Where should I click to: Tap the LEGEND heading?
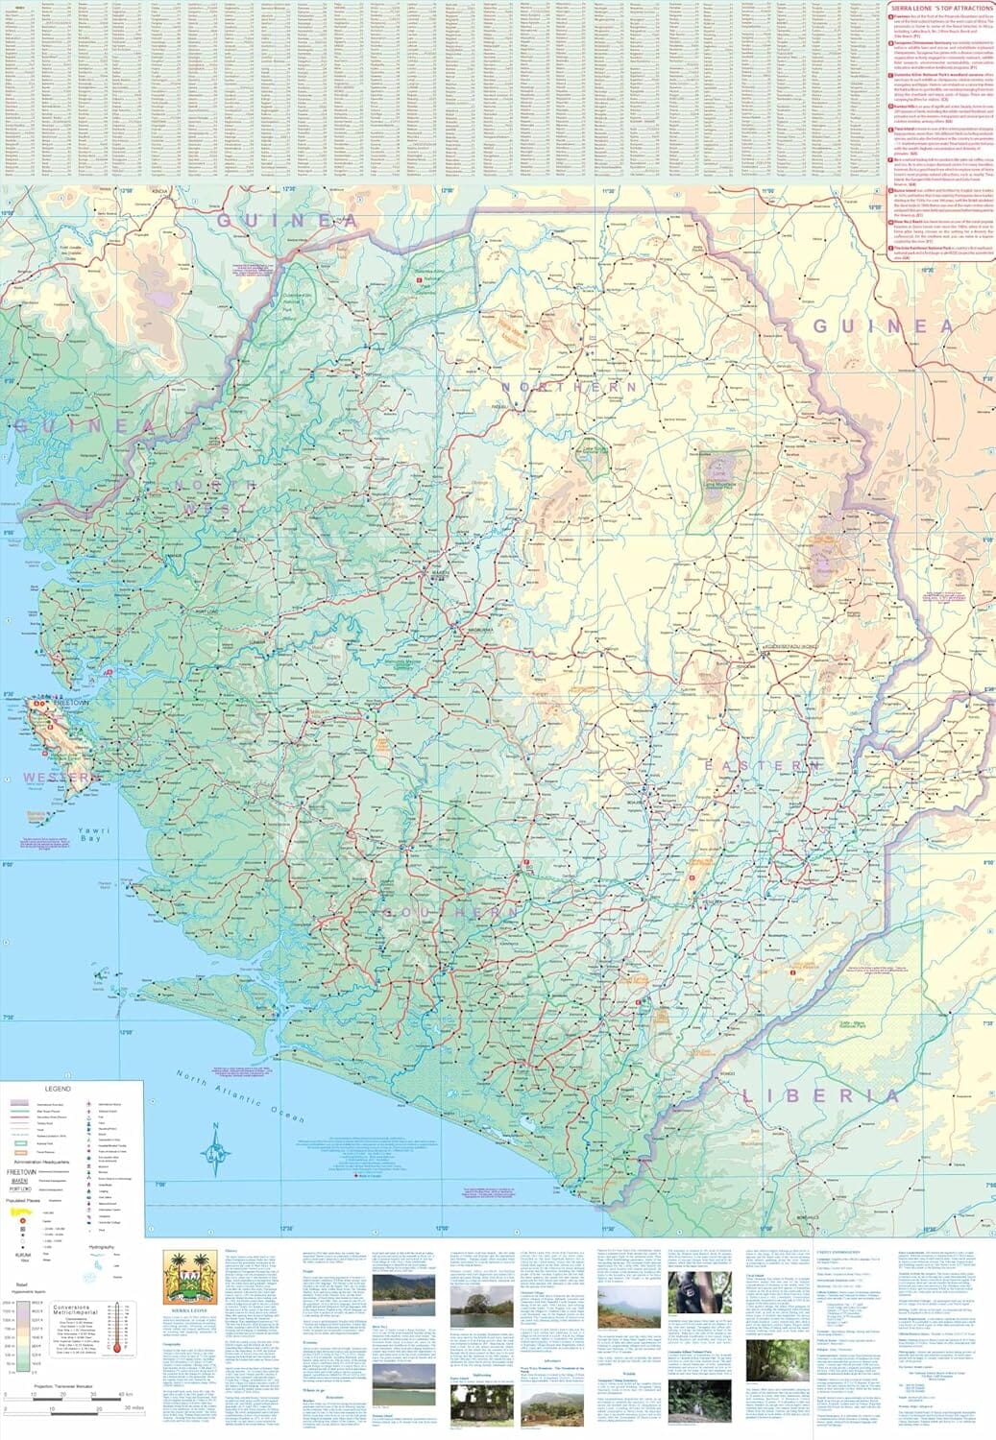58,1090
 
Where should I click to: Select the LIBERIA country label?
819,1094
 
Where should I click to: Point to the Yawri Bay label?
92,834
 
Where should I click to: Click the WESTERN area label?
49,776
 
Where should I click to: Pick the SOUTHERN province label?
452,911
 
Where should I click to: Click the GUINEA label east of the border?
882,326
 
